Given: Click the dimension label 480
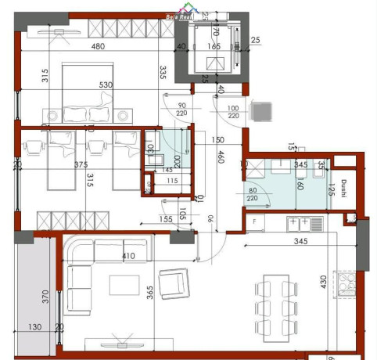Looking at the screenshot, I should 97,47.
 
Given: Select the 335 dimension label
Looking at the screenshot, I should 163,74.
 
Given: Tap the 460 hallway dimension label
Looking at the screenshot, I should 222,157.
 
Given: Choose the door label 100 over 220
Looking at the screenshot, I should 233,112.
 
